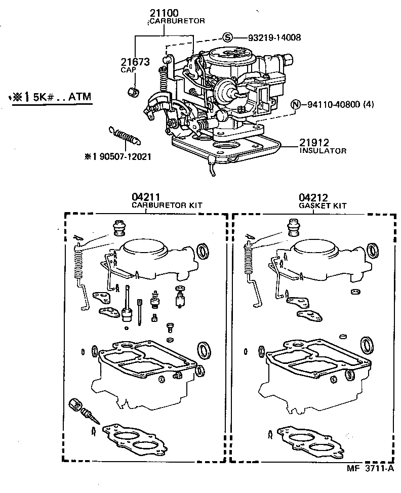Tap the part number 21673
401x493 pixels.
point(135,62)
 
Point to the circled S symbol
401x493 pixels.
point(227,37)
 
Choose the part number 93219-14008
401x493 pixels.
point(274,37)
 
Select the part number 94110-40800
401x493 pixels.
point(333,105)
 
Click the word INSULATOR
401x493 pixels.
point(323,151)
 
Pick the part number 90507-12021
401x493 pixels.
point(122,157)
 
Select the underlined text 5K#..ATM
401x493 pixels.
point(61,96)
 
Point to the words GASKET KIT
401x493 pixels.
point(322,206)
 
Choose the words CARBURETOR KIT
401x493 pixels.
point(167,206)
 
